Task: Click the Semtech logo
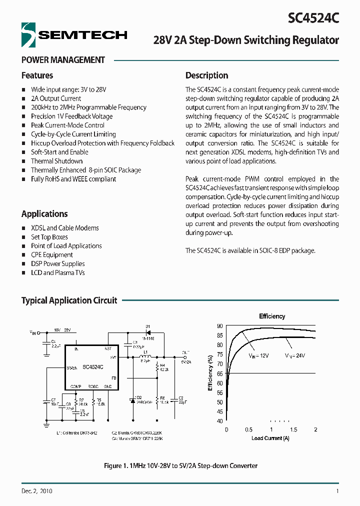[x=74, y=34]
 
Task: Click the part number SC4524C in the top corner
[x=313, y=18]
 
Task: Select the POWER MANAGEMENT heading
[x=63, y=60]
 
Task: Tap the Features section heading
[x=37, y=75]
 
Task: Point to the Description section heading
[x=206, y=75]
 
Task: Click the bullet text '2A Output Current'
[x=56, y=98]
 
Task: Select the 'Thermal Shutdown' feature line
[x=56, y=161]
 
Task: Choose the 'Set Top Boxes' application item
[x=49, y=237]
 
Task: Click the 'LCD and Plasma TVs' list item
[x=58, y=272]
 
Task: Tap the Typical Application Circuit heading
[x=69, y=300]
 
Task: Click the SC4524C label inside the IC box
[x=93, y=366]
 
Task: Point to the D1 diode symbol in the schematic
[x=148, y=332]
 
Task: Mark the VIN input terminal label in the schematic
[x=33, y=331]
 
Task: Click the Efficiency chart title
[x=272, y=316]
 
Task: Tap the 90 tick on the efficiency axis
[x=219, y=326]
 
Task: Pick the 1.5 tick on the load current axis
[x=293, y=430]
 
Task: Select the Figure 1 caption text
[x=180, y=466]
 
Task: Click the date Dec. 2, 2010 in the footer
[x=37, y=491]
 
